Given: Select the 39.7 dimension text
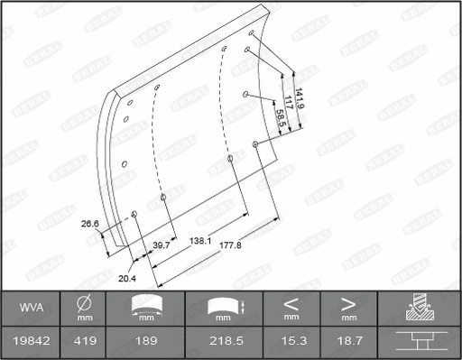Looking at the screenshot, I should pos(162,245).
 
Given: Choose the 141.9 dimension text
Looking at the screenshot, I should pos(300,97).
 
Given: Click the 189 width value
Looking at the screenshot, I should pos(146,340).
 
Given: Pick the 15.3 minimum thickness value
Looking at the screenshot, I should pos(291,340).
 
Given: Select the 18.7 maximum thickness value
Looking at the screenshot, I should pos(347,340).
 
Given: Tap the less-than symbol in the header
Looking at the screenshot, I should pos(291,303).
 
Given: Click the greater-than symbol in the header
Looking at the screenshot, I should pos(347,303).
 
